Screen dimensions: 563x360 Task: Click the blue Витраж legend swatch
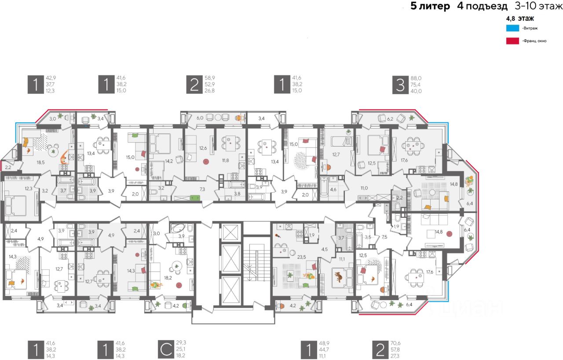[x=512, y=28]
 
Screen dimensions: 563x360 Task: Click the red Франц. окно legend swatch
[x=512, y=41]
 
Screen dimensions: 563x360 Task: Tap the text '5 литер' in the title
[x=430, y=6]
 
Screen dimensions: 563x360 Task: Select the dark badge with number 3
[x=400, y=84]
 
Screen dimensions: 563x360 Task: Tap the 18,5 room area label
[x=41, y=162]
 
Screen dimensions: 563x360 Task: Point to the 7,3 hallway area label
[x=202, y=188]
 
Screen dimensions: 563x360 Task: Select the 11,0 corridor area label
[x=364, y=188]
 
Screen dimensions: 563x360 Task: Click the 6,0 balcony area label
[x=200, y=118]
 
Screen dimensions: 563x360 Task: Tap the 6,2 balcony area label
[x=390, y=118]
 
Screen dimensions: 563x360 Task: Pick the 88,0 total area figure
[x=416, y=77]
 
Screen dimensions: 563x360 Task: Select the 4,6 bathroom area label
[x=333, y=189]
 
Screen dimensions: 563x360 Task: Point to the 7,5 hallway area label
[x=384, y=236]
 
